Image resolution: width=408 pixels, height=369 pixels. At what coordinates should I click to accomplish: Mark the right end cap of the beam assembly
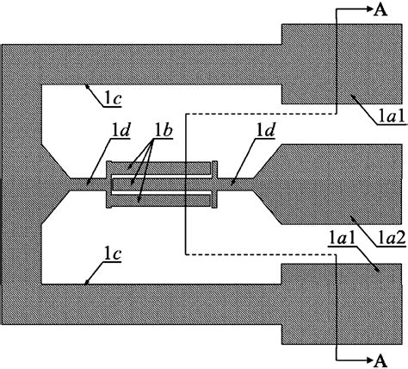[x=214, y=182]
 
